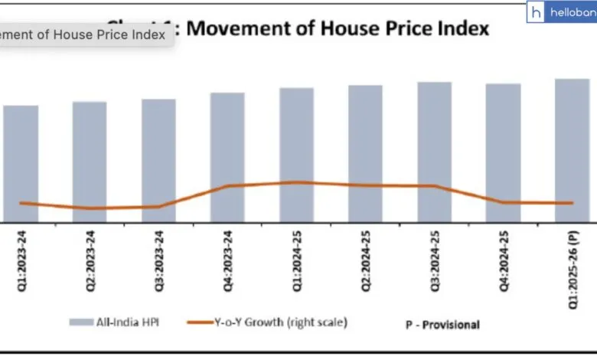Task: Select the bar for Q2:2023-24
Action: click(90, 162)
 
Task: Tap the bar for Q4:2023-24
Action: click(227, 157)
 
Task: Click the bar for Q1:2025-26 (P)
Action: click(572, 150)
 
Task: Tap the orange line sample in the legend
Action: click(204, 322)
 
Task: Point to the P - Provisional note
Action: click(442, 325)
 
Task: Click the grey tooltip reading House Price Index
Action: click(84, 35)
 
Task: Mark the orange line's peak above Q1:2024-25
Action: click(296, 182)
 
